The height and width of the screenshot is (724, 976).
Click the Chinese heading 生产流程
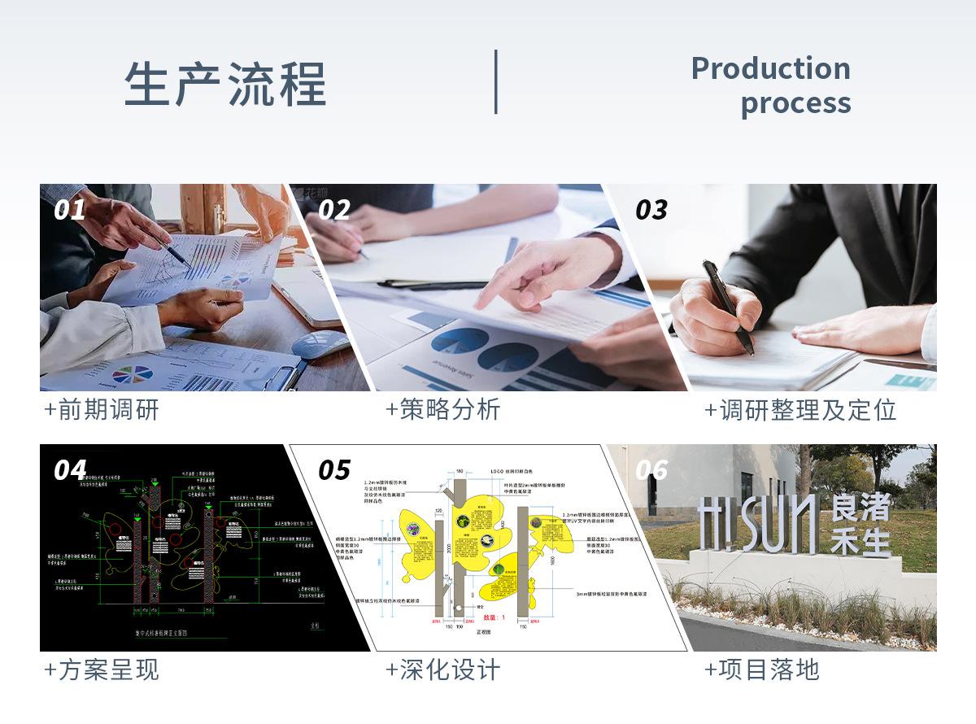coord(225,84)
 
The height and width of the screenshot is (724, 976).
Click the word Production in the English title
coord(770,68)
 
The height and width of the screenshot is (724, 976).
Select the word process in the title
coord(795,103)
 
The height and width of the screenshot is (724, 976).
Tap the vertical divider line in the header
coord(495,81)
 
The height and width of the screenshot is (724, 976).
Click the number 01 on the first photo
coord(70,210)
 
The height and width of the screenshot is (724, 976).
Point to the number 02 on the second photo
coord(333,210)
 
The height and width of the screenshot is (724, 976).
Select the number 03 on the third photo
coord(651,210)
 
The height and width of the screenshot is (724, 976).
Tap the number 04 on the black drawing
coord(70,470)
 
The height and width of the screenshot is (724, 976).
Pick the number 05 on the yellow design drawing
coord(333,470)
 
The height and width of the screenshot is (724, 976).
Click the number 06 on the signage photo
coord(651,470)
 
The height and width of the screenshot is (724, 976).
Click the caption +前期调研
coord(101,409)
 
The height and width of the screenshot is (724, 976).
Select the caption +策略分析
coord(442,409)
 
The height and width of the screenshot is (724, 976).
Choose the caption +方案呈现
coord(101,669)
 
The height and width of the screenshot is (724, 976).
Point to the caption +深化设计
coord(442,669)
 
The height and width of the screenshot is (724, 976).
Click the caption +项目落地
coord(761,669)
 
